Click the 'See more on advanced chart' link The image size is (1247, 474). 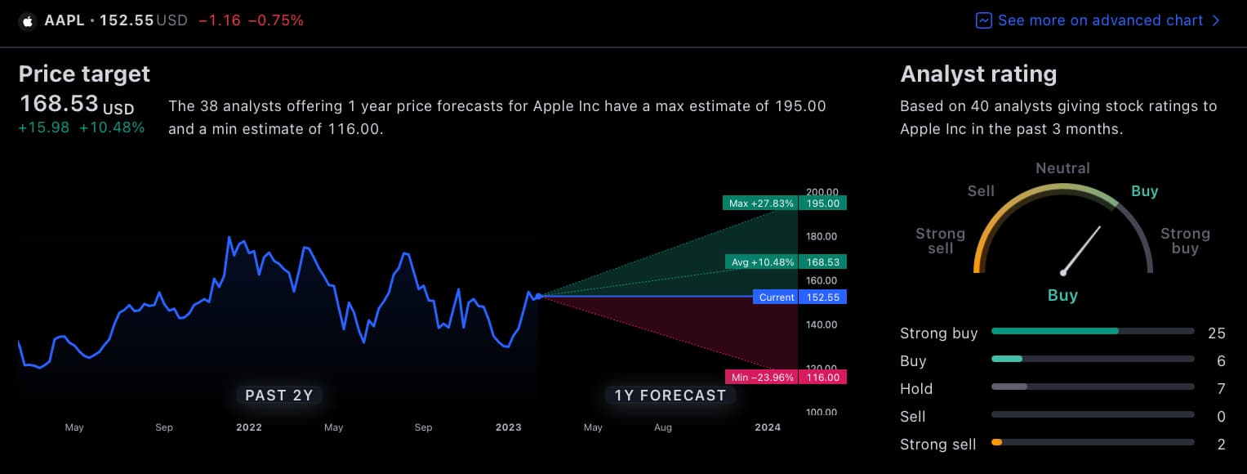(1099, 20)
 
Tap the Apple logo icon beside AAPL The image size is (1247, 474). (28, 20)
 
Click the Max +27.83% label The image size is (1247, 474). (759, 203)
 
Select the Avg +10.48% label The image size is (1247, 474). (760, 262)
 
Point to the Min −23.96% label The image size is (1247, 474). (760, 378)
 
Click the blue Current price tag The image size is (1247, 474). (776, 297)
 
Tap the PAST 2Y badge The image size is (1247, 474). (279, 396)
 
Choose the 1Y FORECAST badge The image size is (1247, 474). (670, 396)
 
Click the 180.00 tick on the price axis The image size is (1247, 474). (822, 237)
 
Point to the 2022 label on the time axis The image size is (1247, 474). (248, 427)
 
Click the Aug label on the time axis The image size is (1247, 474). (663, 427)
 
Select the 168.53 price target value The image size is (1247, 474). (59, 105)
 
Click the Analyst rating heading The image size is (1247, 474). (978, 74)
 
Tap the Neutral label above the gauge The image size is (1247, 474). (1062, 168)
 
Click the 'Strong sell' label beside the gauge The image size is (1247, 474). (940, 240)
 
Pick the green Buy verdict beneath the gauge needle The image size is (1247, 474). (1062, 296)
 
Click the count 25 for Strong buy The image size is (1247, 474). (1216, 333)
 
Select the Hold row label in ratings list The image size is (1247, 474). (916, 389)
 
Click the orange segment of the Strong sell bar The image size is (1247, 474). (996, 442)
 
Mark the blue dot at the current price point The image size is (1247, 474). (538, 296)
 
